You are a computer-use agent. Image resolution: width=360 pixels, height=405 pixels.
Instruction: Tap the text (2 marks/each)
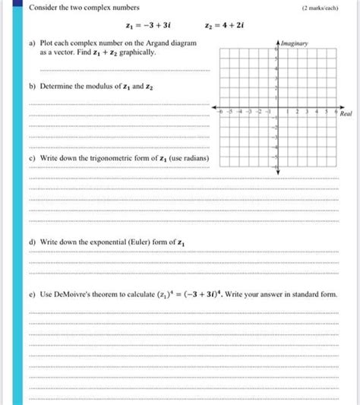(x=319, y=8)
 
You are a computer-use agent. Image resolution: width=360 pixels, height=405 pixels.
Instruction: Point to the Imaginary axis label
(x=294, y=44)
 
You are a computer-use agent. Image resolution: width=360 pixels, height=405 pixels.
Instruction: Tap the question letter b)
(x=32, y=87)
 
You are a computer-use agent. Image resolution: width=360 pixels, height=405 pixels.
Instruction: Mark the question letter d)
(x=32, y=242)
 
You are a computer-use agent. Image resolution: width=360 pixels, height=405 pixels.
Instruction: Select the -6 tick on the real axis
(x=219, y=111)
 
